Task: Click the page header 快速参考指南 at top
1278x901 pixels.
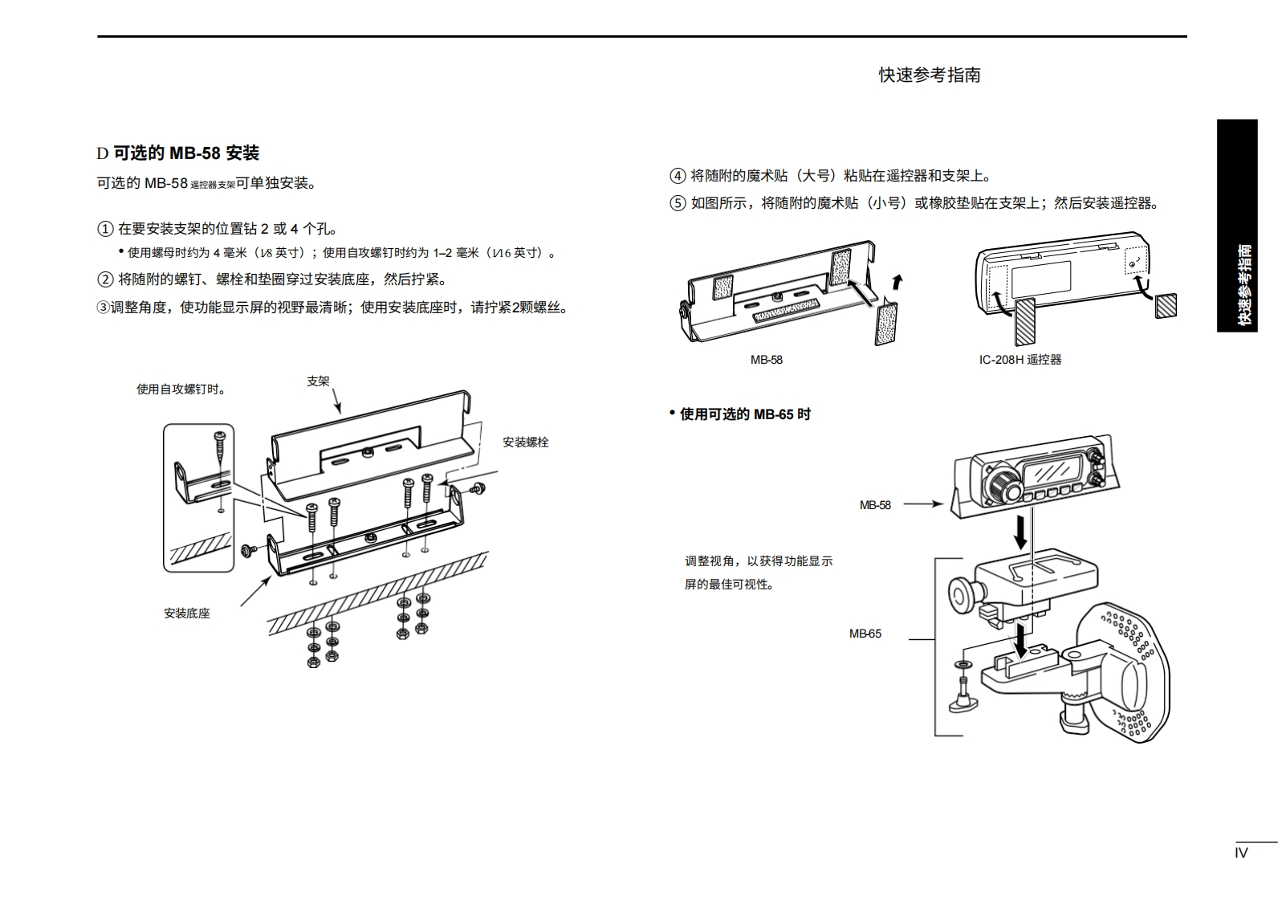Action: pos(929,75)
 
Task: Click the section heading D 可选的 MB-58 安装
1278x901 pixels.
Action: pos(177,153)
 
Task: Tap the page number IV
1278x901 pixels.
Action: pos(1241,853)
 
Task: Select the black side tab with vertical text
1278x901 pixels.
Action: pos(1237,226)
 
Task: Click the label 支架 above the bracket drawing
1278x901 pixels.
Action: pos(318,381)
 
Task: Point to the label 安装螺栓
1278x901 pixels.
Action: pos(525,442)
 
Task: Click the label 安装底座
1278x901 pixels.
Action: pos(187,614)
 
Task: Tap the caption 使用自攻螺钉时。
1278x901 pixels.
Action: pos(181,389)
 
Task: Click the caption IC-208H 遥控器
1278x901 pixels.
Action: pos(1020,360)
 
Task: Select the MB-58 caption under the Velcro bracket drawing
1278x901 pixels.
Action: pos(766,360)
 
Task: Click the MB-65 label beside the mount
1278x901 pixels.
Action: pos(865,634)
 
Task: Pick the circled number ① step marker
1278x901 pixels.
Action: pos(105,229)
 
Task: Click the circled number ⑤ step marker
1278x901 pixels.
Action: pos(678,203)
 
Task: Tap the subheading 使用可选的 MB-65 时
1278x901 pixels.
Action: pos(744,414)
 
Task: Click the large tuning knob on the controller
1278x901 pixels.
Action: pos(1003,484)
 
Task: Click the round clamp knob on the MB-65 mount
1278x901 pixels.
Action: pos(961,595)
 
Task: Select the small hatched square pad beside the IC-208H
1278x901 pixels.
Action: pos(1166,306)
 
